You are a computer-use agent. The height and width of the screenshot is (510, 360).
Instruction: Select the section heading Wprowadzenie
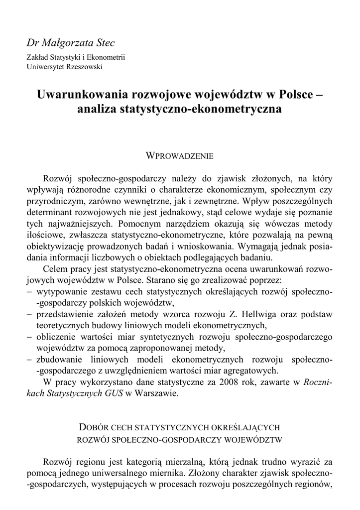point(179,156)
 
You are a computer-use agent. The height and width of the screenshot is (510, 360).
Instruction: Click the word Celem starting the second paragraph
point(57,269)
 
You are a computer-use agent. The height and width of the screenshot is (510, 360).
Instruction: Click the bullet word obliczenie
point(56,337)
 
